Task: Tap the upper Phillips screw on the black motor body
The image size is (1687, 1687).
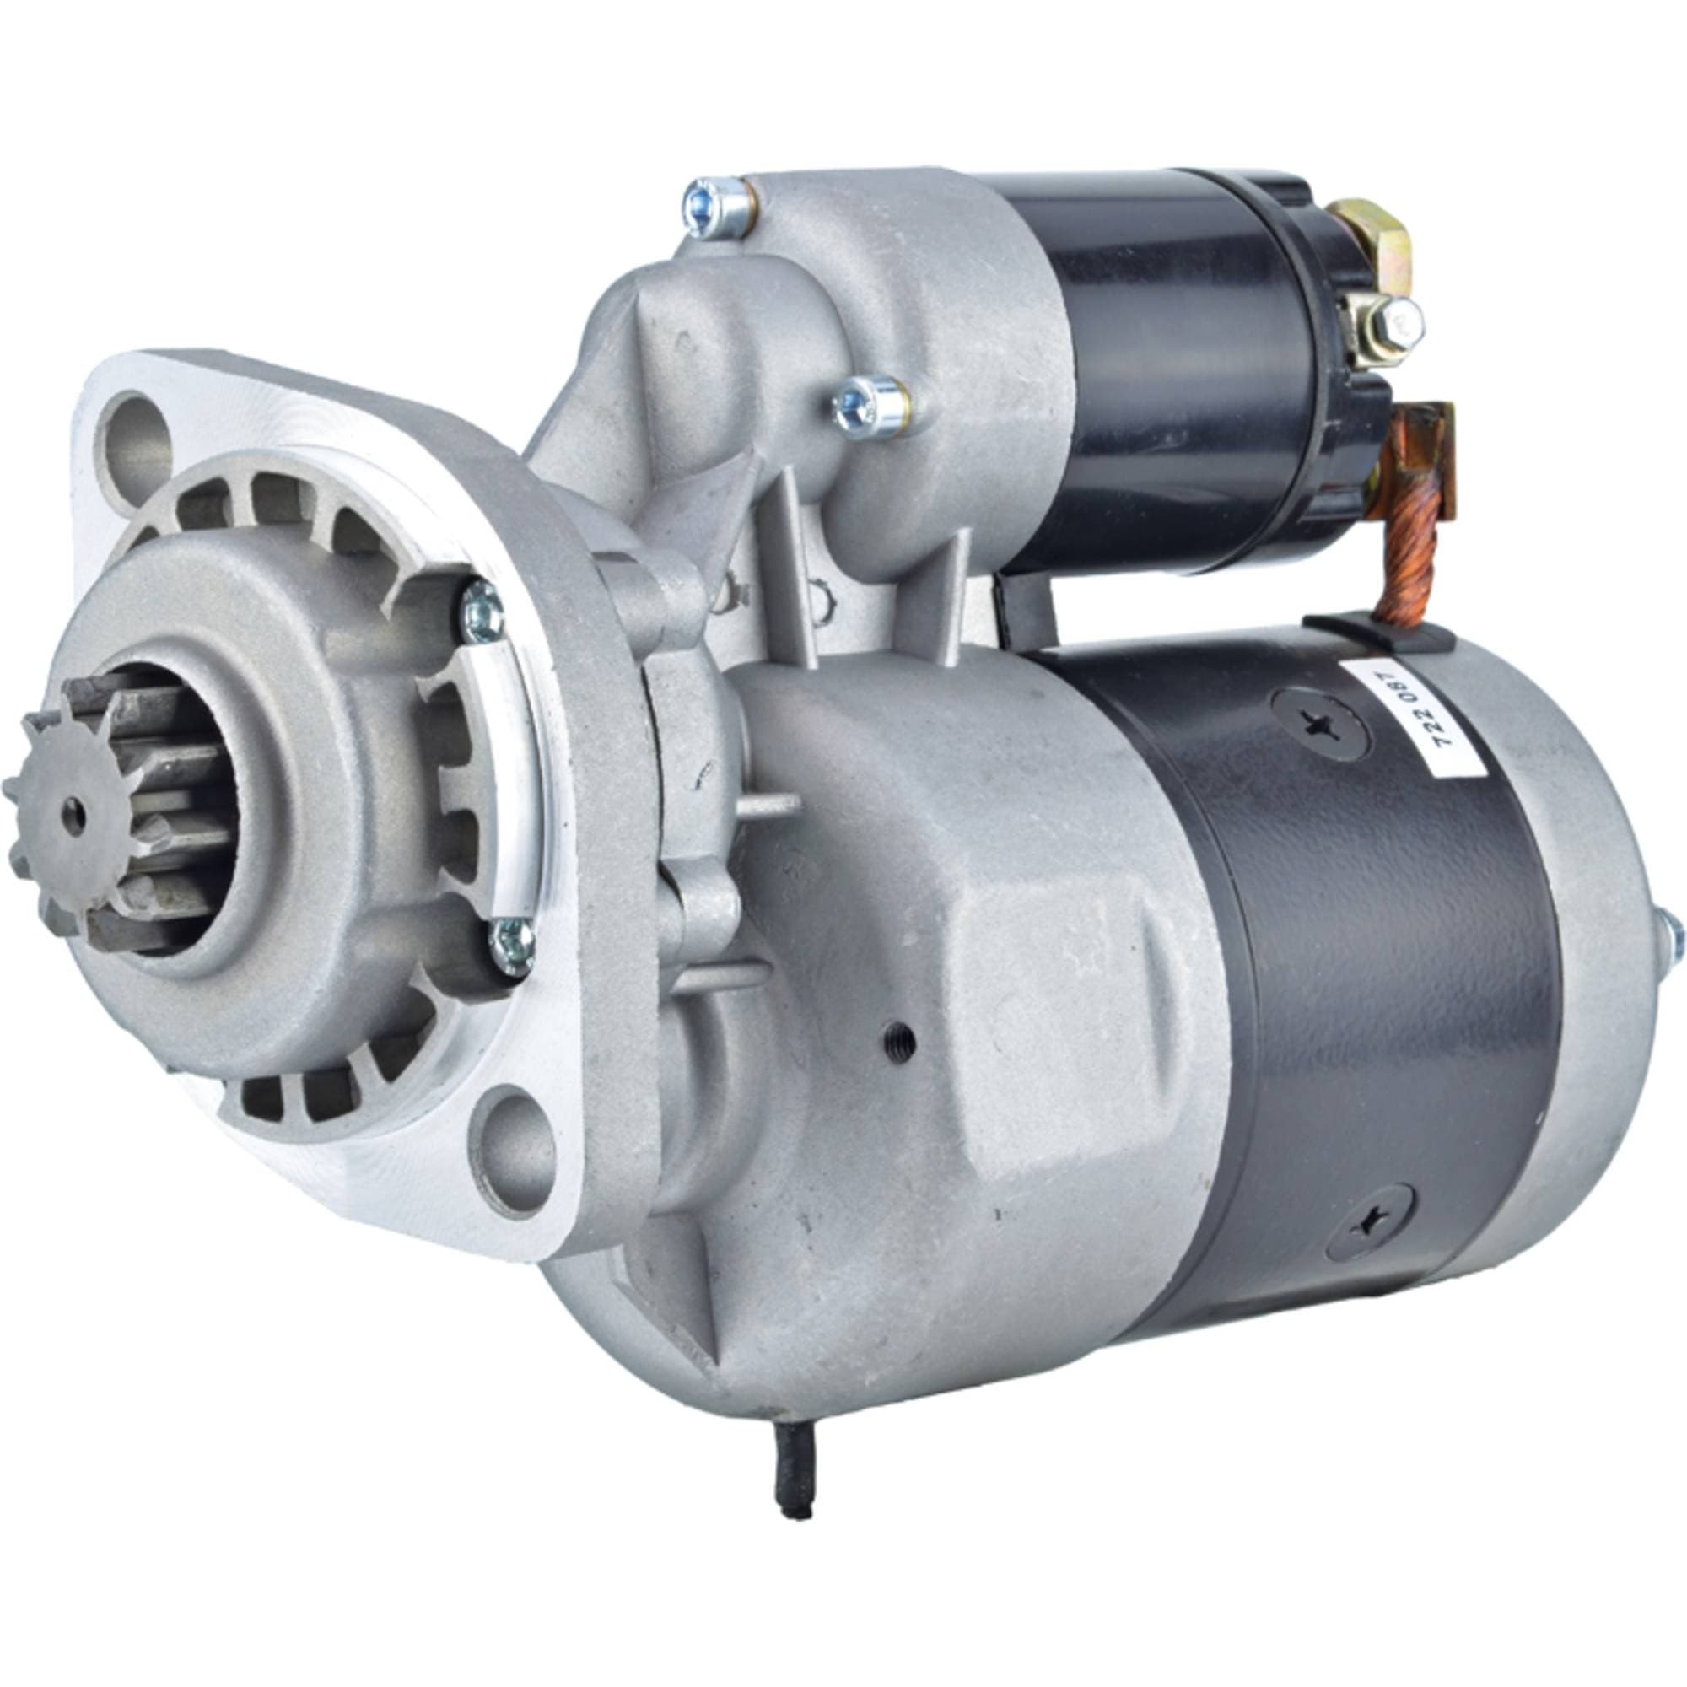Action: tap(1320, 724)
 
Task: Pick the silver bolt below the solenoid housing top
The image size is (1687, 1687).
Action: tap(870, 407)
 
